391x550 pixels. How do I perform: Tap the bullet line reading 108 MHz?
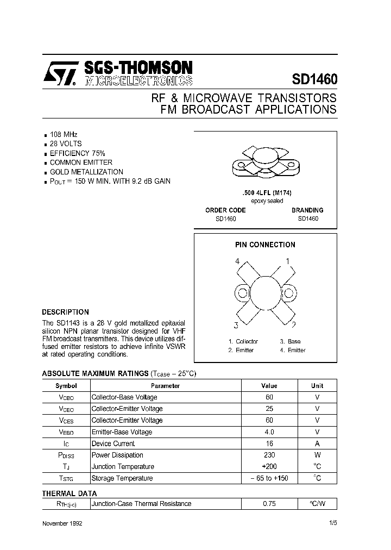tap(63, 134)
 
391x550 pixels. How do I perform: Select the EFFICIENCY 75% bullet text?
tap(77, 153)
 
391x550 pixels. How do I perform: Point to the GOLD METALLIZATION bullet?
tap(86, 172)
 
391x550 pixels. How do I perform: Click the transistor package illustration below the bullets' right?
tap(266, 162)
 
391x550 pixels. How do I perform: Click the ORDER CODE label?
tap(225, 210)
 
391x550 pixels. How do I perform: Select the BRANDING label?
tap(307, 210)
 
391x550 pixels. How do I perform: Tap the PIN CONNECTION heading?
tap(266, 245)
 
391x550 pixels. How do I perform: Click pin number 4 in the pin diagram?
tap(237, 261)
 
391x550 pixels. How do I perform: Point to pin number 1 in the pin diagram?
tap(288, 261)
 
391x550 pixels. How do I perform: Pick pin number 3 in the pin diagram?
tap(236, 326)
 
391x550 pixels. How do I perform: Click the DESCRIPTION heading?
tap(65, 312)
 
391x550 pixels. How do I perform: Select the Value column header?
tap(269, 386)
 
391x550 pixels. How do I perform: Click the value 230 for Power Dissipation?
tap(269, 455)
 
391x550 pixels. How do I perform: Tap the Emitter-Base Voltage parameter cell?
tap(122, 432)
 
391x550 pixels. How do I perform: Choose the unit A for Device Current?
tap(317, 443)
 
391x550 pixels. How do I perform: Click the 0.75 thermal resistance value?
tap(269, 504)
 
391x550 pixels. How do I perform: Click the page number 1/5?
tap(333, 523)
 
